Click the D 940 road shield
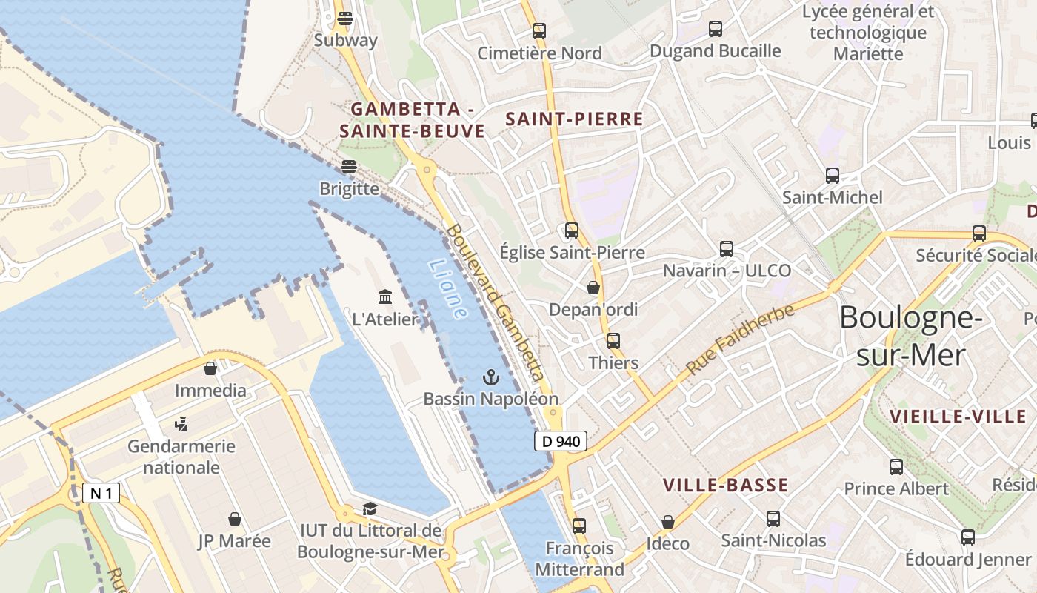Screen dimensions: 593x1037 pyautogui.click(x=560, y=442)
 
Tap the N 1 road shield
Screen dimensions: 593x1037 pyautogui.click(x=101, y=494)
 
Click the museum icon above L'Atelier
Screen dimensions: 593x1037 pyautogui.click(x=385, y=297)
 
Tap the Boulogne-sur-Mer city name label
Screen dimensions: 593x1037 pyautogui.click(x=911, y=337)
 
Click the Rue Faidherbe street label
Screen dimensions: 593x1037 pyautogui.click(x=740, y=339)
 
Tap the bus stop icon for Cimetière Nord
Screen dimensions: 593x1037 pyautogui.click(x=539, y=31)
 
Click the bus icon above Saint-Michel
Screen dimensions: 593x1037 pyautogui.click(x=833, y=176)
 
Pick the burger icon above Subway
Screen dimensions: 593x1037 pyautogui.click(x=345, y=19)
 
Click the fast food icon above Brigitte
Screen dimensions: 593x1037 pyautogui.click(x=349, y=167)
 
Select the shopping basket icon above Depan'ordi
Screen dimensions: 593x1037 pyautogui.click(x=593, y=288)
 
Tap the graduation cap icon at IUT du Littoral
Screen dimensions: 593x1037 pyautogui.click(x=370, y=508)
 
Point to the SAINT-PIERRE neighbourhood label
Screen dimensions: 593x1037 pyautogui.click(x=574, y=119)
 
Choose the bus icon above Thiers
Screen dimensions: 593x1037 pyautogui.click(x=613, y=341)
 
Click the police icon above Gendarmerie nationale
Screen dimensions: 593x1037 pyautogui.click(x=181, y=425)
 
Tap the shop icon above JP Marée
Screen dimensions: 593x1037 pyautogui.click(x=235, y=519)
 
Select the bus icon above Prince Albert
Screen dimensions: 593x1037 pyautogui.click(x=896, y=467)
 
